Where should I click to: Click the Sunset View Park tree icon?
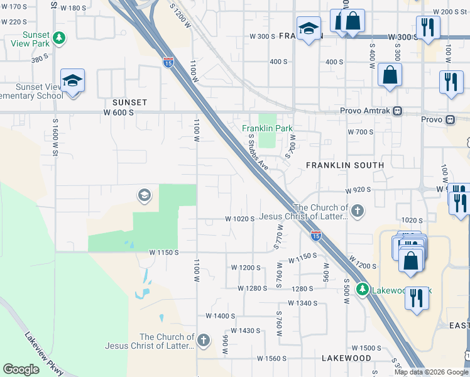click(x=60, y=38)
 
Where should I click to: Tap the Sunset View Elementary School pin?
click(x=73, y=82)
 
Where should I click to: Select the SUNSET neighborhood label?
click(x=129, y=102)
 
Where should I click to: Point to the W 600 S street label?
click(x=119, y=112)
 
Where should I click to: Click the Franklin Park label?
click(x=268, y=128)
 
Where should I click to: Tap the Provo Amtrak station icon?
click(x=397, y=111)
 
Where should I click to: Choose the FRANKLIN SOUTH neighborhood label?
click(x=344, y=165)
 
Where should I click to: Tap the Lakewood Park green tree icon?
click(x=362, y=290)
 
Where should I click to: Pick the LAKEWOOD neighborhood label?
click(x=346, y=358)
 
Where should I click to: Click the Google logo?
click(x=21, y=369)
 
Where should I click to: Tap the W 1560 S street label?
click(x=273, y=358)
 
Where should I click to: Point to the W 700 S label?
click(x=361, y=132)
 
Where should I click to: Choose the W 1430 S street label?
click(x=245, y=331)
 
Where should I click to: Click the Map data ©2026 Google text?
click(x=430, y=372)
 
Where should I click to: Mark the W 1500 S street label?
click(x=366, y=347)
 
